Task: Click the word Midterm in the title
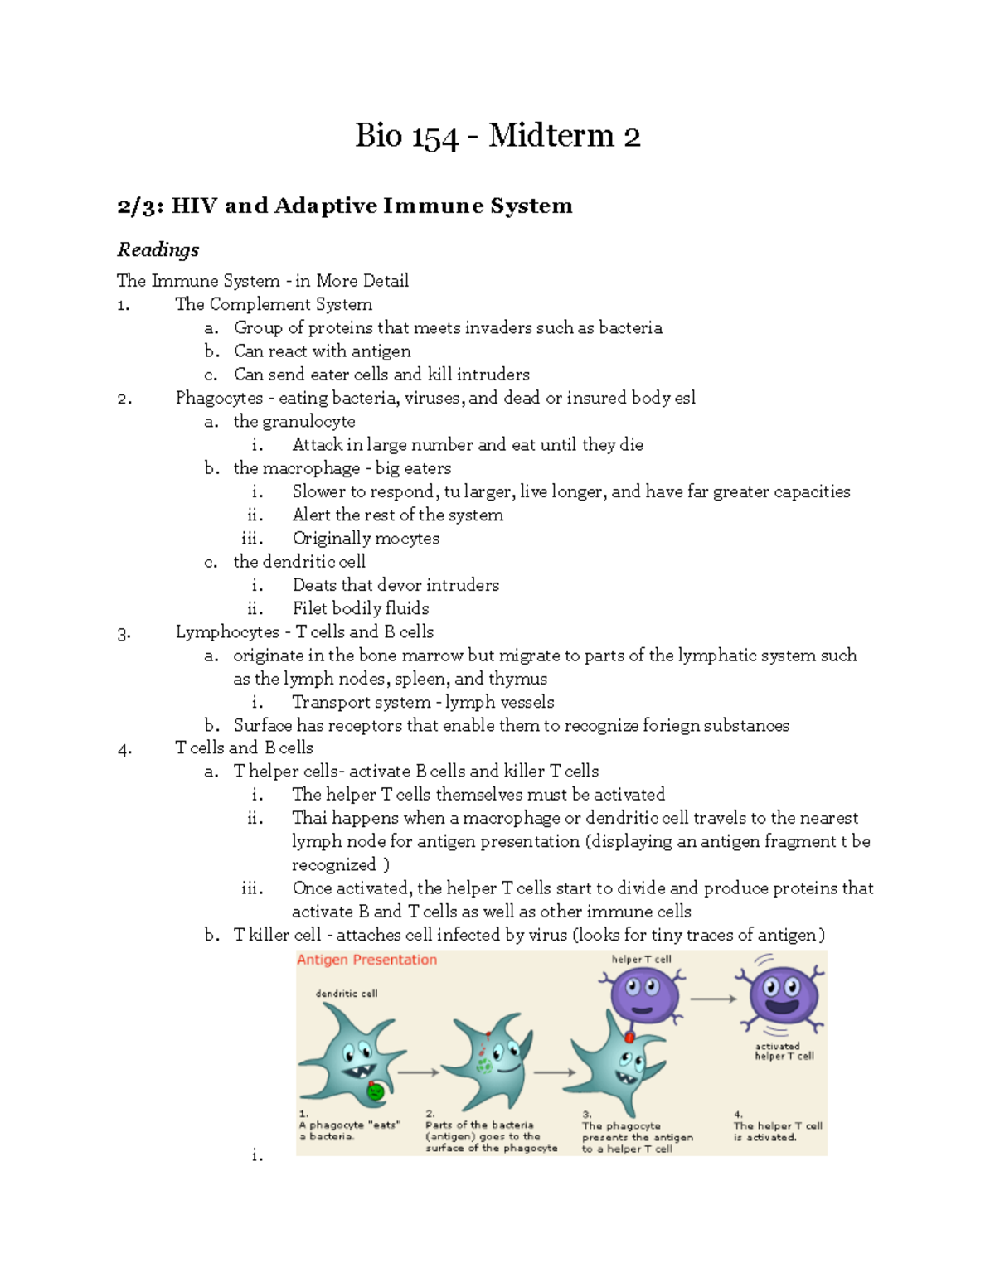tap(551, 136)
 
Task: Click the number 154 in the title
tap(432, 138)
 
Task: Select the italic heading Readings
tap(158, 249)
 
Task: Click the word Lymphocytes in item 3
tap(227, 631)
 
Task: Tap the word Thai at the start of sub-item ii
tap(309, 818)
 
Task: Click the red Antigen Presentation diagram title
tap(366, 960)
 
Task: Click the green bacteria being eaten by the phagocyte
tap(376, 1091)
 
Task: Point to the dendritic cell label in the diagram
tap(346, 993)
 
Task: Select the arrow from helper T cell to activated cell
tap(713, 999)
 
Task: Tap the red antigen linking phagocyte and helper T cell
tap(629, 1037)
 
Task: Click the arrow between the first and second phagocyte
tap(419, 1072)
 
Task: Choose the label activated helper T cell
tap(783, 1052)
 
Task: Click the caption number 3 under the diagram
tap(586, 1115)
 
